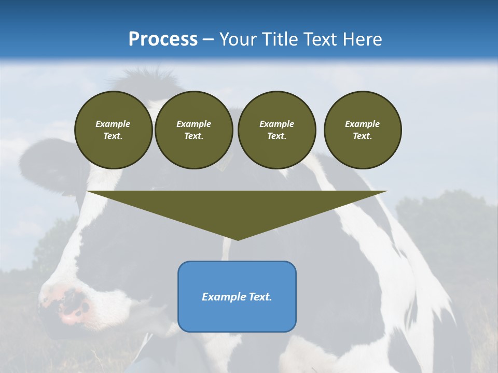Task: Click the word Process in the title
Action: tap(163, 39)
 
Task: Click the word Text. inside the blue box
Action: tap(260, 297)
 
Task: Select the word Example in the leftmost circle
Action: tap(113, 124)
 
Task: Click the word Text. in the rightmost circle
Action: tap(362, 136)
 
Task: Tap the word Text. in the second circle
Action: tap(193, 136)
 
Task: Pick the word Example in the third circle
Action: tap(276, 124)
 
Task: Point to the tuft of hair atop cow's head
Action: tap(140, 78)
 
